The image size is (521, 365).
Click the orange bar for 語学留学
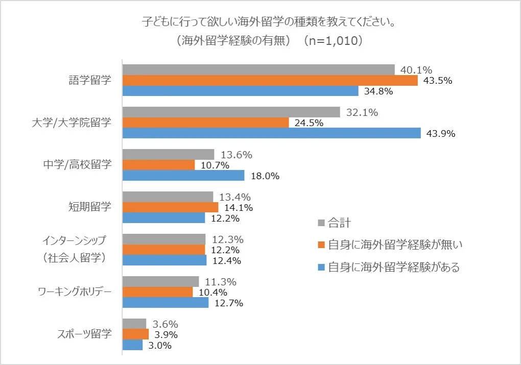click(270, 80)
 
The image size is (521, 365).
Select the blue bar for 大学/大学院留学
click(272, 133)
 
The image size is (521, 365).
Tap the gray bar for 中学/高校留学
click(169, 154)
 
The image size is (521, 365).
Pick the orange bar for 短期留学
click(171, 207)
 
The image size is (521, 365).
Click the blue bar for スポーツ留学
click(133, 345)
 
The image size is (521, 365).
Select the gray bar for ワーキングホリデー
click(161, 281)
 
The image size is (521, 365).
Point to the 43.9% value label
click(441, 134)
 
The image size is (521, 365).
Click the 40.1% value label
click(416, 70)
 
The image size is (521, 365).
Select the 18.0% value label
click(265, 176)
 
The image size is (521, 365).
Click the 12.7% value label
click(228, 303)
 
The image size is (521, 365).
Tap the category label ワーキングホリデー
click(75, 292)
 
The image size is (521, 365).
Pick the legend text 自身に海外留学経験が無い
click(395, 245)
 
